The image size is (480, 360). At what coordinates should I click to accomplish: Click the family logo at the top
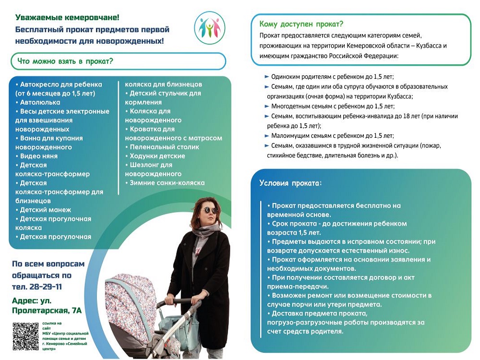click(209, 27)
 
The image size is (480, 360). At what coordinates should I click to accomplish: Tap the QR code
click(25, 336)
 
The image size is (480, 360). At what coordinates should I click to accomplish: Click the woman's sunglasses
click(210, 210)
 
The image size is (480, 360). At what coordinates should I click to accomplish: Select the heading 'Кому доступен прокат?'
click(301, 24)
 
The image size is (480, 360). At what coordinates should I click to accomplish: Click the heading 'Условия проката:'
click(290, 183)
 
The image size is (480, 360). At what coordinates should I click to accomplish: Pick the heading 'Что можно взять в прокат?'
click(65, 61)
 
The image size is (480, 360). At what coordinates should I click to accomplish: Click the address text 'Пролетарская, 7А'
click(47, 311)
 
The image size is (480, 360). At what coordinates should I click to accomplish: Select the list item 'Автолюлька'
click(40, 102)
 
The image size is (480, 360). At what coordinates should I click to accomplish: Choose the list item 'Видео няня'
click(38, 156)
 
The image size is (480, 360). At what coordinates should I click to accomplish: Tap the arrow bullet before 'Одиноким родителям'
click(266, 77)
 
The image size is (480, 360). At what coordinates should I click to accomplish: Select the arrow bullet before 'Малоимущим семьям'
click(266, 135)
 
